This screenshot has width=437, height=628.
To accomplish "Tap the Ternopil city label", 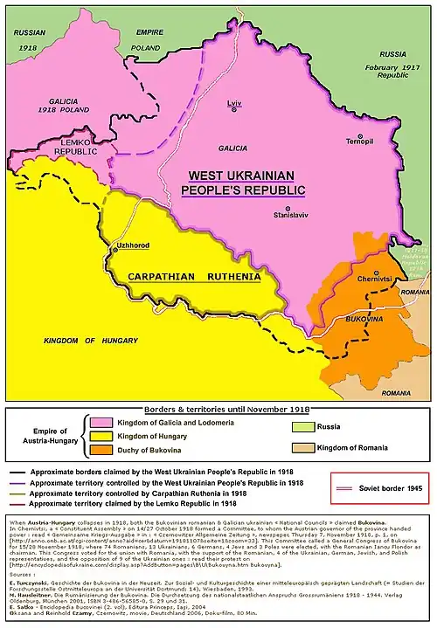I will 359,141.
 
